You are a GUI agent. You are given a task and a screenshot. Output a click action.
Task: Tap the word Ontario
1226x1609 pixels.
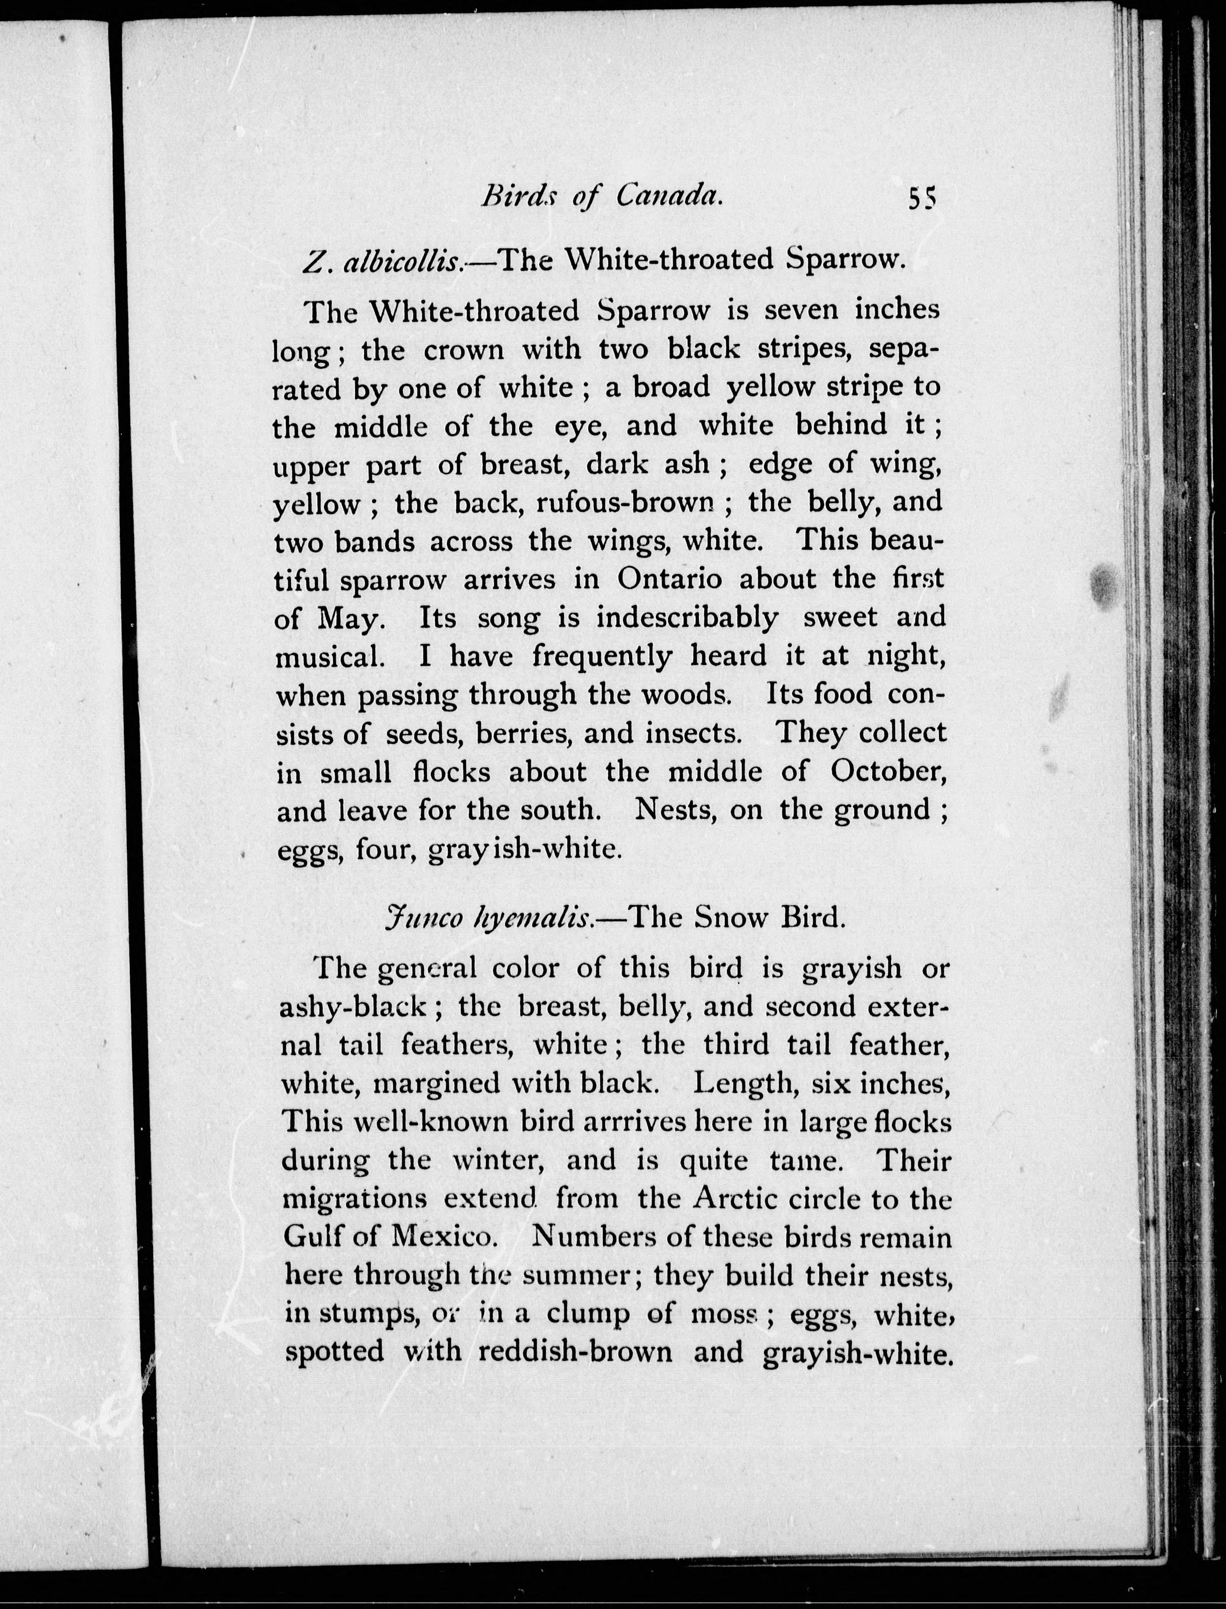tap(669, 579)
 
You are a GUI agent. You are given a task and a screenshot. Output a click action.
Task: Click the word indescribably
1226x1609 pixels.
tap(687, 617)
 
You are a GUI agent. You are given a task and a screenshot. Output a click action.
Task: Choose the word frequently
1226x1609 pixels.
tap(602, 656)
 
